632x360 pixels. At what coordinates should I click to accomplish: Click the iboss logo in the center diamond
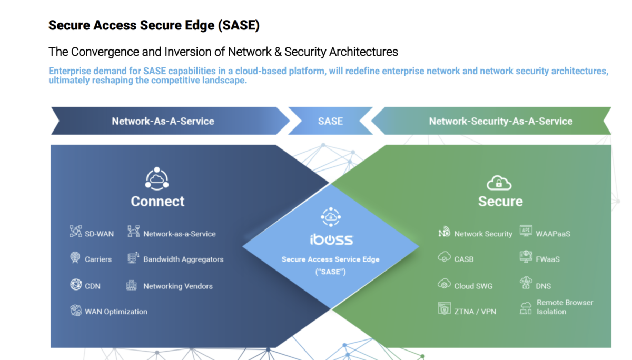(331, 239)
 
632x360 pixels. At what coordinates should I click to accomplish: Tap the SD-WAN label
(99, 234)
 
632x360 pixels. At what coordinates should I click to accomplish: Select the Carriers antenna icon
(75, 258)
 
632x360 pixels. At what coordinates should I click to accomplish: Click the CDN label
(93, 286)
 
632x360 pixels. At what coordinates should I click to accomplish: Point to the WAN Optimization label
(116, 312)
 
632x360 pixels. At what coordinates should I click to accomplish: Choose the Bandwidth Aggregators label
(183, 259)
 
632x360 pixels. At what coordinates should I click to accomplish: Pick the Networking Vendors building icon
(132, 286)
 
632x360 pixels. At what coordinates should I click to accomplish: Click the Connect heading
(157, 202)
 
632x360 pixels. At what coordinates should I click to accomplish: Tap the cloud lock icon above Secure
(499, 183)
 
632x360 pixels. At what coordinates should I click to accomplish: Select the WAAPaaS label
(552, 233)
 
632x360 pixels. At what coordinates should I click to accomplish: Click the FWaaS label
(548, 259)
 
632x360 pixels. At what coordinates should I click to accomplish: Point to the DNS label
(544, 286)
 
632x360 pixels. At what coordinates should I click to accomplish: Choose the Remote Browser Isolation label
(565, 307)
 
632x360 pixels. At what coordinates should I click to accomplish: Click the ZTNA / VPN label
(475, 312)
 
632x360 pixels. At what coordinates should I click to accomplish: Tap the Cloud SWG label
(473, 286)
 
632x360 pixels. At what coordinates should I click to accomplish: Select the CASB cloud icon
(443, 257)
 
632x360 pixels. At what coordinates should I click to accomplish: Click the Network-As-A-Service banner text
(163, 121)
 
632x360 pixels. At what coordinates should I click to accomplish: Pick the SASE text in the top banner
(330, 121)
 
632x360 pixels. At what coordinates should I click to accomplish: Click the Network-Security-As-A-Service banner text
(500, 121)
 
